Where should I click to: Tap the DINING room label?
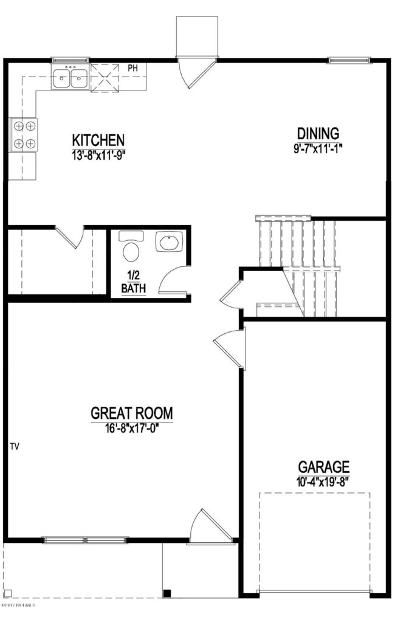[x=318, y=133]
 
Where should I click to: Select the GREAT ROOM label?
[x=131, y=413]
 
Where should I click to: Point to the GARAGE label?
[x=323, y=467]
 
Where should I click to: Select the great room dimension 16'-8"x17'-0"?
[x=131, y=427]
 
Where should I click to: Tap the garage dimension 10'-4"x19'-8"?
[x=323, y=481]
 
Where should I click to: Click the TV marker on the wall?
[x=15, y=447]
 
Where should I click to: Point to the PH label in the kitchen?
[x=133, y=68]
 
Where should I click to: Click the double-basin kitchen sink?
[x=70, y=78]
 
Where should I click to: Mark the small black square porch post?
[x=168, y=593]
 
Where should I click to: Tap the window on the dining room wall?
[x=349, y=60]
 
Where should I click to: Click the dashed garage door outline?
[x=314, y=541]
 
